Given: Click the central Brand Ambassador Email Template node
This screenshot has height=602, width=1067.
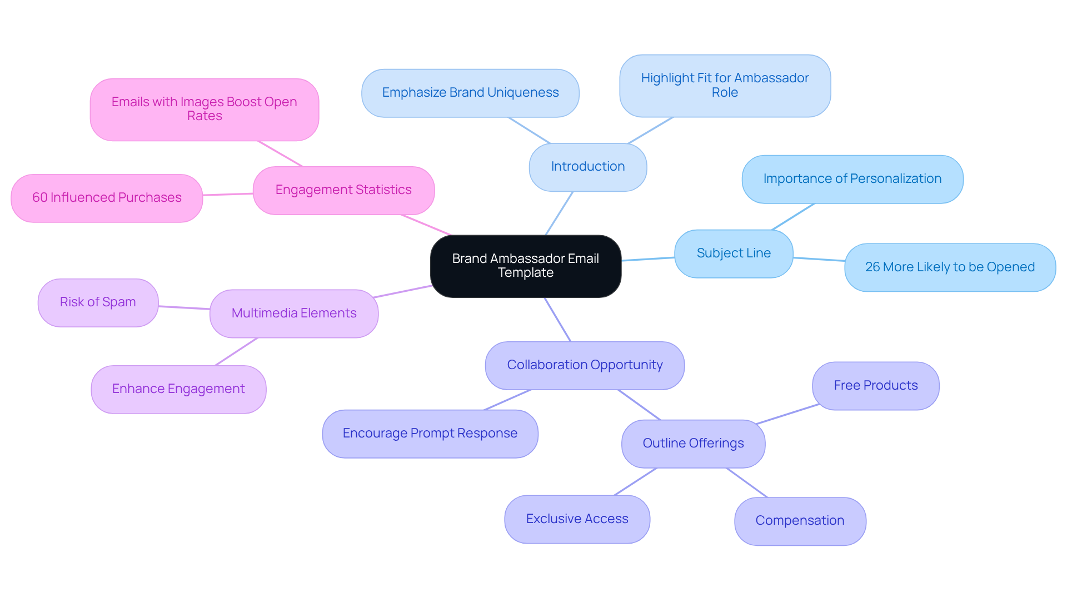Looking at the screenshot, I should [x=525, y=266].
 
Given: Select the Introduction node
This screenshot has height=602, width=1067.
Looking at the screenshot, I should [x=587, y=167].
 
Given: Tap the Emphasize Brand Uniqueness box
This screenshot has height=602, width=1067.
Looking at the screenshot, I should [x=470, y=93].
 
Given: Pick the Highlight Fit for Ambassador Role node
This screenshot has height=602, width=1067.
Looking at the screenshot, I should [x=725, y=86].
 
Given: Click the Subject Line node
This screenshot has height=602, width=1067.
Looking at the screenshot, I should [x=733, y=253].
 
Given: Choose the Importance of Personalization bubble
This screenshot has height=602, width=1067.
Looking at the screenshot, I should [x=852, y=179].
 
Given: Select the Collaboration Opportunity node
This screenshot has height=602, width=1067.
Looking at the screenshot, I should [x=585, y=365].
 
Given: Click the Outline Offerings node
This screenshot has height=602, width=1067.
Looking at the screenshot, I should [x=693, y=444].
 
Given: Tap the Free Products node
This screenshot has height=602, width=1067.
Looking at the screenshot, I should [x=875, y=386].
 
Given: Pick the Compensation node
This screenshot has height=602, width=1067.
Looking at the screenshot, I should [x=800, y=521].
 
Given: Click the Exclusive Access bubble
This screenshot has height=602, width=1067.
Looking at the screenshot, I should [x=577, y=519].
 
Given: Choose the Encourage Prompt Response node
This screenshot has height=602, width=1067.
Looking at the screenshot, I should [x=430, y=434].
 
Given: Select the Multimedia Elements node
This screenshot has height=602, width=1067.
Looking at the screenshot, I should [x=294, y=314].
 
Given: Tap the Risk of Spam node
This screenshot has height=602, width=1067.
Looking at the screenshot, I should [x=98, y=302].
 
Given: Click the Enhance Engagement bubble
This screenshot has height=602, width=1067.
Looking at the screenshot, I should [x=178, y=389].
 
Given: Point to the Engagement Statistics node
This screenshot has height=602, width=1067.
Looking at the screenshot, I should [x=343, y=190].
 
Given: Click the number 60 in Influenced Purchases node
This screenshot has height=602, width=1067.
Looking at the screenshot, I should [x=39, y=198].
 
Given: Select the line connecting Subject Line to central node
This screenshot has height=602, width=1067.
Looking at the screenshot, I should [x=648, y=259].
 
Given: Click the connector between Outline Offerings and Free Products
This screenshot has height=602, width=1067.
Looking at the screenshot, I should [x=788, y=414].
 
